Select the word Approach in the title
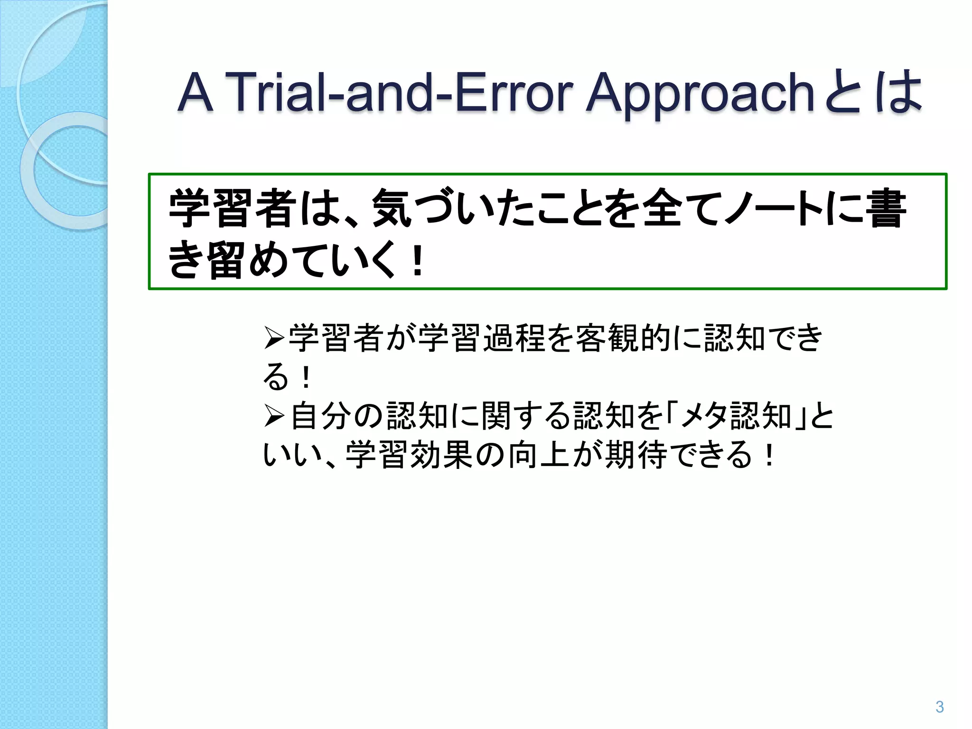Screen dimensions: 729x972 point(701,93)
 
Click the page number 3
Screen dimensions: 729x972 point(939,707)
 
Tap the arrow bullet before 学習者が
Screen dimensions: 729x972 point(274,338)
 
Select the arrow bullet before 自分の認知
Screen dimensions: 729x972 point(274,416)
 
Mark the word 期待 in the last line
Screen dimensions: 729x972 point(636,455)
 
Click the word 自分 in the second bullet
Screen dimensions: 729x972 point(320,416)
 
